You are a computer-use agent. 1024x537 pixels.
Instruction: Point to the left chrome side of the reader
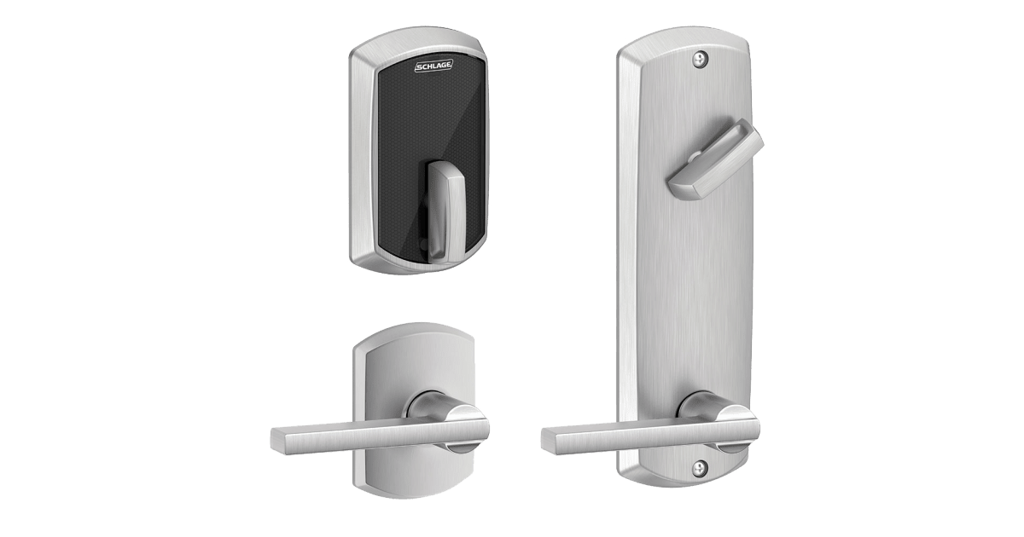[358, 162]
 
